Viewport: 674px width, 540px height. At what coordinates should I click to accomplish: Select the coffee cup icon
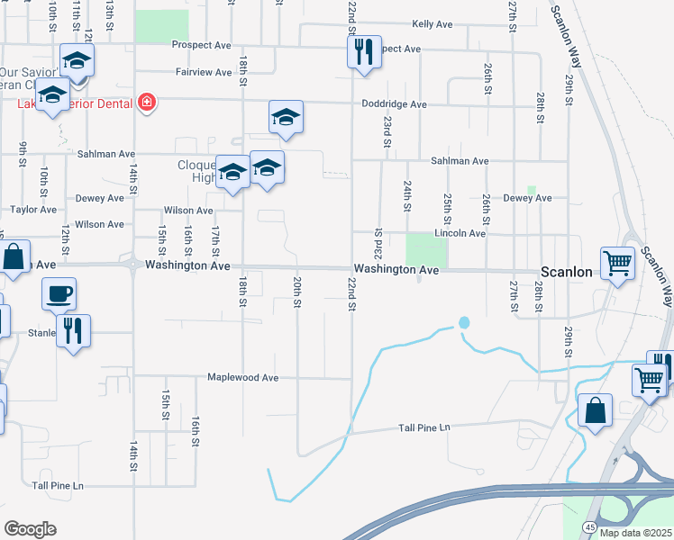(59, 293)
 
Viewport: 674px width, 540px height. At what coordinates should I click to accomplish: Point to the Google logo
(30, 529)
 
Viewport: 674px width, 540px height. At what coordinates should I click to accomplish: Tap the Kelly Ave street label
(432, 24)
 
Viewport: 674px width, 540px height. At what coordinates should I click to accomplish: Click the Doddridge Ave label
(394, 104)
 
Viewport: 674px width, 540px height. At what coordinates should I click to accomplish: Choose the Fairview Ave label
(205, 72)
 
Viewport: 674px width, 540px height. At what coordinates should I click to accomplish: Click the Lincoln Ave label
(460, 233)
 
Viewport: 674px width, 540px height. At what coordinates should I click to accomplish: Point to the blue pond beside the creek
(464, 322)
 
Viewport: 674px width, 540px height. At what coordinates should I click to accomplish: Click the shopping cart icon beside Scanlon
(618, 264)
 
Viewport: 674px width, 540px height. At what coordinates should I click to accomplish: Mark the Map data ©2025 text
(635, 533)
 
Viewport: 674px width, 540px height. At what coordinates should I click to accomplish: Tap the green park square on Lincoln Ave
(420, 249)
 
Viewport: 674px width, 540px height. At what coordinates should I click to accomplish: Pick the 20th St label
(296, 291)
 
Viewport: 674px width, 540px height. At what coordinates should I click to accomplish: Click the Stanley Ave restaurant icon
(73, 330)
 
